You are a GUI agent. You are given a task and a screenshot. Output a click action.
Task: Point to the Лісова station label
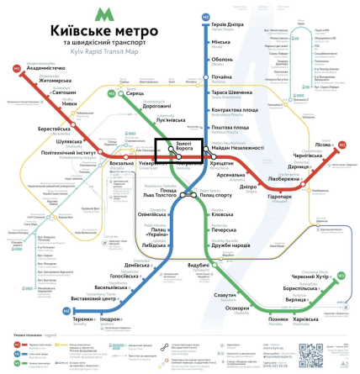tap(322, 145)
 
